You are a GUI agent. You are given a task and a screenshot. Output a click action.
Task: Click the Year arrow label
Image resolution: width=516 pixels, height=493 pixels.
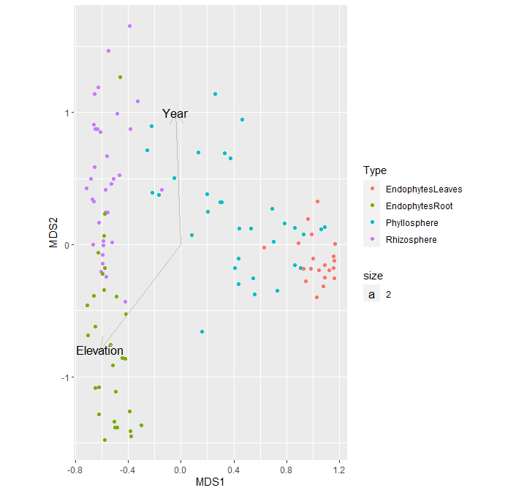coord(175,114)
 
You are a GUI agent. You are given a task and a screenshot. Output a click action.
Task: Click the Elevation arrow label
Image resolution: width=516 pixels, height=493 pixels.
coord(99,351)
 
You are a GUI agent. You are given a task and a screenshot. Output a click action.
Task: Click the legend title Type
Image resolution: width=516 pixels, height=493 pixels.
coord(375,171)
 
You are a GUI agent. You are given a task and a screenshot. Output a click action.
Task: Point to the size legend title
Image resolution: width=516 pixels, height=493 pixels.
coord(373,276)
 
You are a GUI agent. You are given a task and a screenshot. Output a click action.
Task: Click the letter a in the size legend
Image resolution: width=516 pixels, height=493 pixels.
coord(372,295)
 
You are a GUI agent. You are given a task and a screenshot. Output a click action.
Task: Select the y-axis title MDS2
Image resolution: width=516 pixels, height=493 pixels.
coord(53,233)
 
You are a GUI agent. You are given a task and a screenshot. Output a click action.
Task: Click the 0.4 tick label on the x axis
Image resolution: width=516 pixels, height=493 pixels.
coord(234,468)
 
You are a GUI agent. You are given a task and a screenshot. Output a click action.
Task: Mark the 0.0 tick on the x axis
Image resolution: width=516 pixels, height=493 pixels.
coord(181,468)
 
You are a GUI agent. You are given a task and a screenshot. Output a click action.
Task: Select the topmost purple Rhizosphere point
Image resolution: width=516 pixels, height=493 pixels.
coord(129,26)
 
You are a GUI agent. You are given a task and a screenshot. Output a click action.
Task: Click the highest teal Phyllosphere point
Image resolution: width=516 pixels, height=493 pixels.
coord(215,94)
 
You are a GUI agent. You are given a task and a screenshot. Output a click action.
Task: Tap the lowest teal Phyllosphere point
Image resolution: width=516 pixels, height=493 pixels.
coord(202,332)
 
